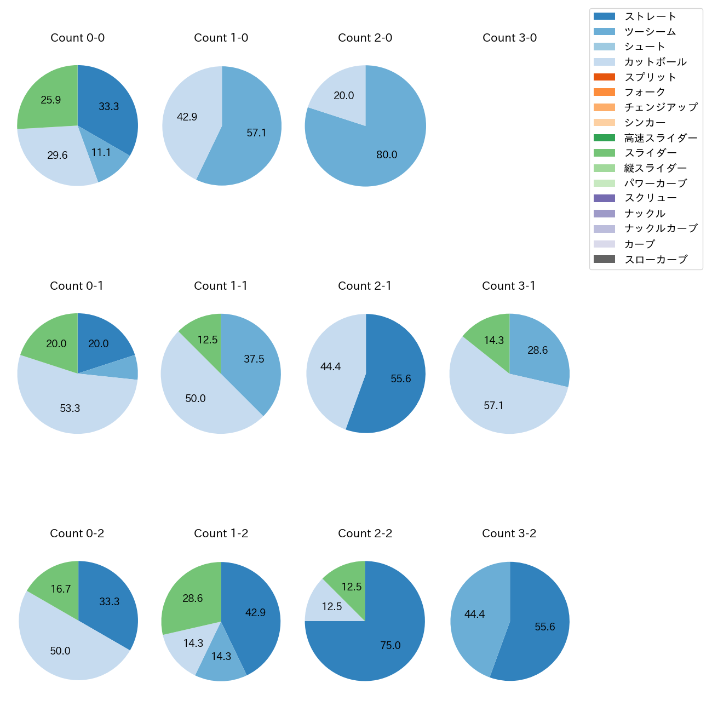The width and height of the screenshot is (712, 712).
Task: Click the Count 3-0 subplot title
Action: click(x=509, y=38)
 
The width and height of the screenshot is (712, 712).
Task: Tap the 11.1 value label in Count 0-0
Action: click(x=101, y=153)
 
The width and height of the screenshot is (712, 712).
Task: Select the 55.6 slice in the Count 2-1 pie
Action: click(x=397, y=378)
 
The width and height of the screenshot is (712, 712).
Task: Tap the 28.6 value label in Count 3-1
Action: click(x=537, y=350)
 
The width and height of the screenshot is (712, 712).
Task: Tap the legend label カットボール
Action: click(x=655, y=62)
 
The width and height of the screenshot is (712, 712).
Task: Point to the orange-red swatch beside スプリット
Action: click(x=604, y=77)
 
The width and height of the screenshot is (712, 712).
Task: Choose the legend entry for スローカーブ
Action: click(x=656, y=260)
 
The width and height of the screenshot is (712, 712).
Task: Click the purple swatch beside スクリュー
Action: click(x=604, y=198)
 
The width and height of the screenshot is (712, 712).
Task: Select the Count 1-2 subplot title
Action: click(x=221, y=533)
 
